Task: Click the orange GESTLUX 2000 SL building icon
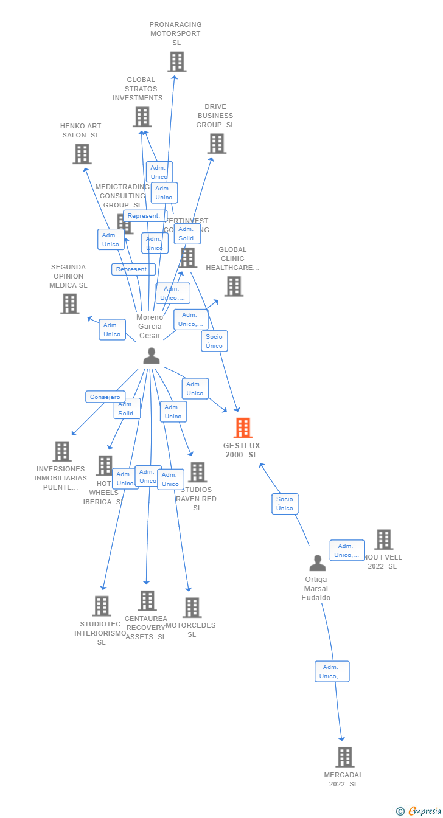243,428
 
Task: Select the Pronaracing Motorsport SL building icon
176,62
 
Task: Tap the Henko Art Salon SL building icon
82,154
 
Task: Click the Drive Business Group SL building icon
217,144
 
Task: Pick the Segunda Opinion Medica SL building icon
70,303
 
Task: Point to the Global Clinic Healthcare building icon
234,286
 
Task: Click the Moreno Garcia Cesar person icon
151,356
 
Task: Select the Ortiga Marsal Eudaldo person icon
317,563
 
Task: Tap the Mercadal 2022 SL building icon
345,757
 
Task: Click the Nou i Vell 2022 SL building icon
383,539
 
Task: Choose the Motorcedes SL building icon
192,607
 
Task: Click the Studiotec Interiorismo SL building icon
102,606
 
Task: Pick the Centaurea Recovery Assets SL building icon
147,601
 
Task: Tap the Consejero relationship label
105,397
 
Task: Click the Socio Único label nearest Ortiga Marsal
285,504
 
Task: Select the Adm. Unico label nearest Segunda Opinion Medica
112,330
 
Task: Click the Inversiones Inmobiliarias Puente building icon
61,451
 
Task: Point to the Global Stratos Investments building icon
142,117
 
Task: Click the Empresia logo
419,811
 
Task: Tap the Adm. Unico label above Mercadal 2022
332,671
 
